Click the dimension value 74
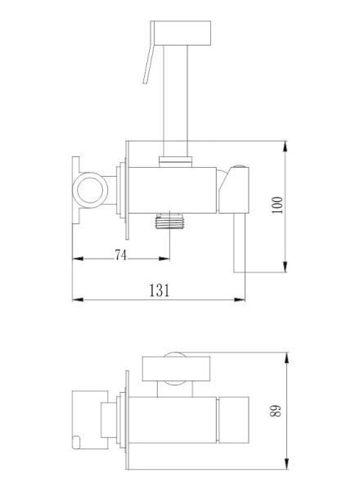click(x=120, y=255)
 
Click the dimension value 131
click(x=159, y=291)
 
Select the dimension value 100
click(x=277, y=205)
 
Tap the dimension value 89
click(x=276, y=411)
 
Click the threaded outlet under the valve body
click(x=169, y=220)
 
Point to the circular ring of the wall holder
click(x=90, y=190)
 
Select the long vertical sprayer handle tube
click(x=176, y=101)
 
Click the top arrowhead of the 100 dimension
click(x=285, y=146)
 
